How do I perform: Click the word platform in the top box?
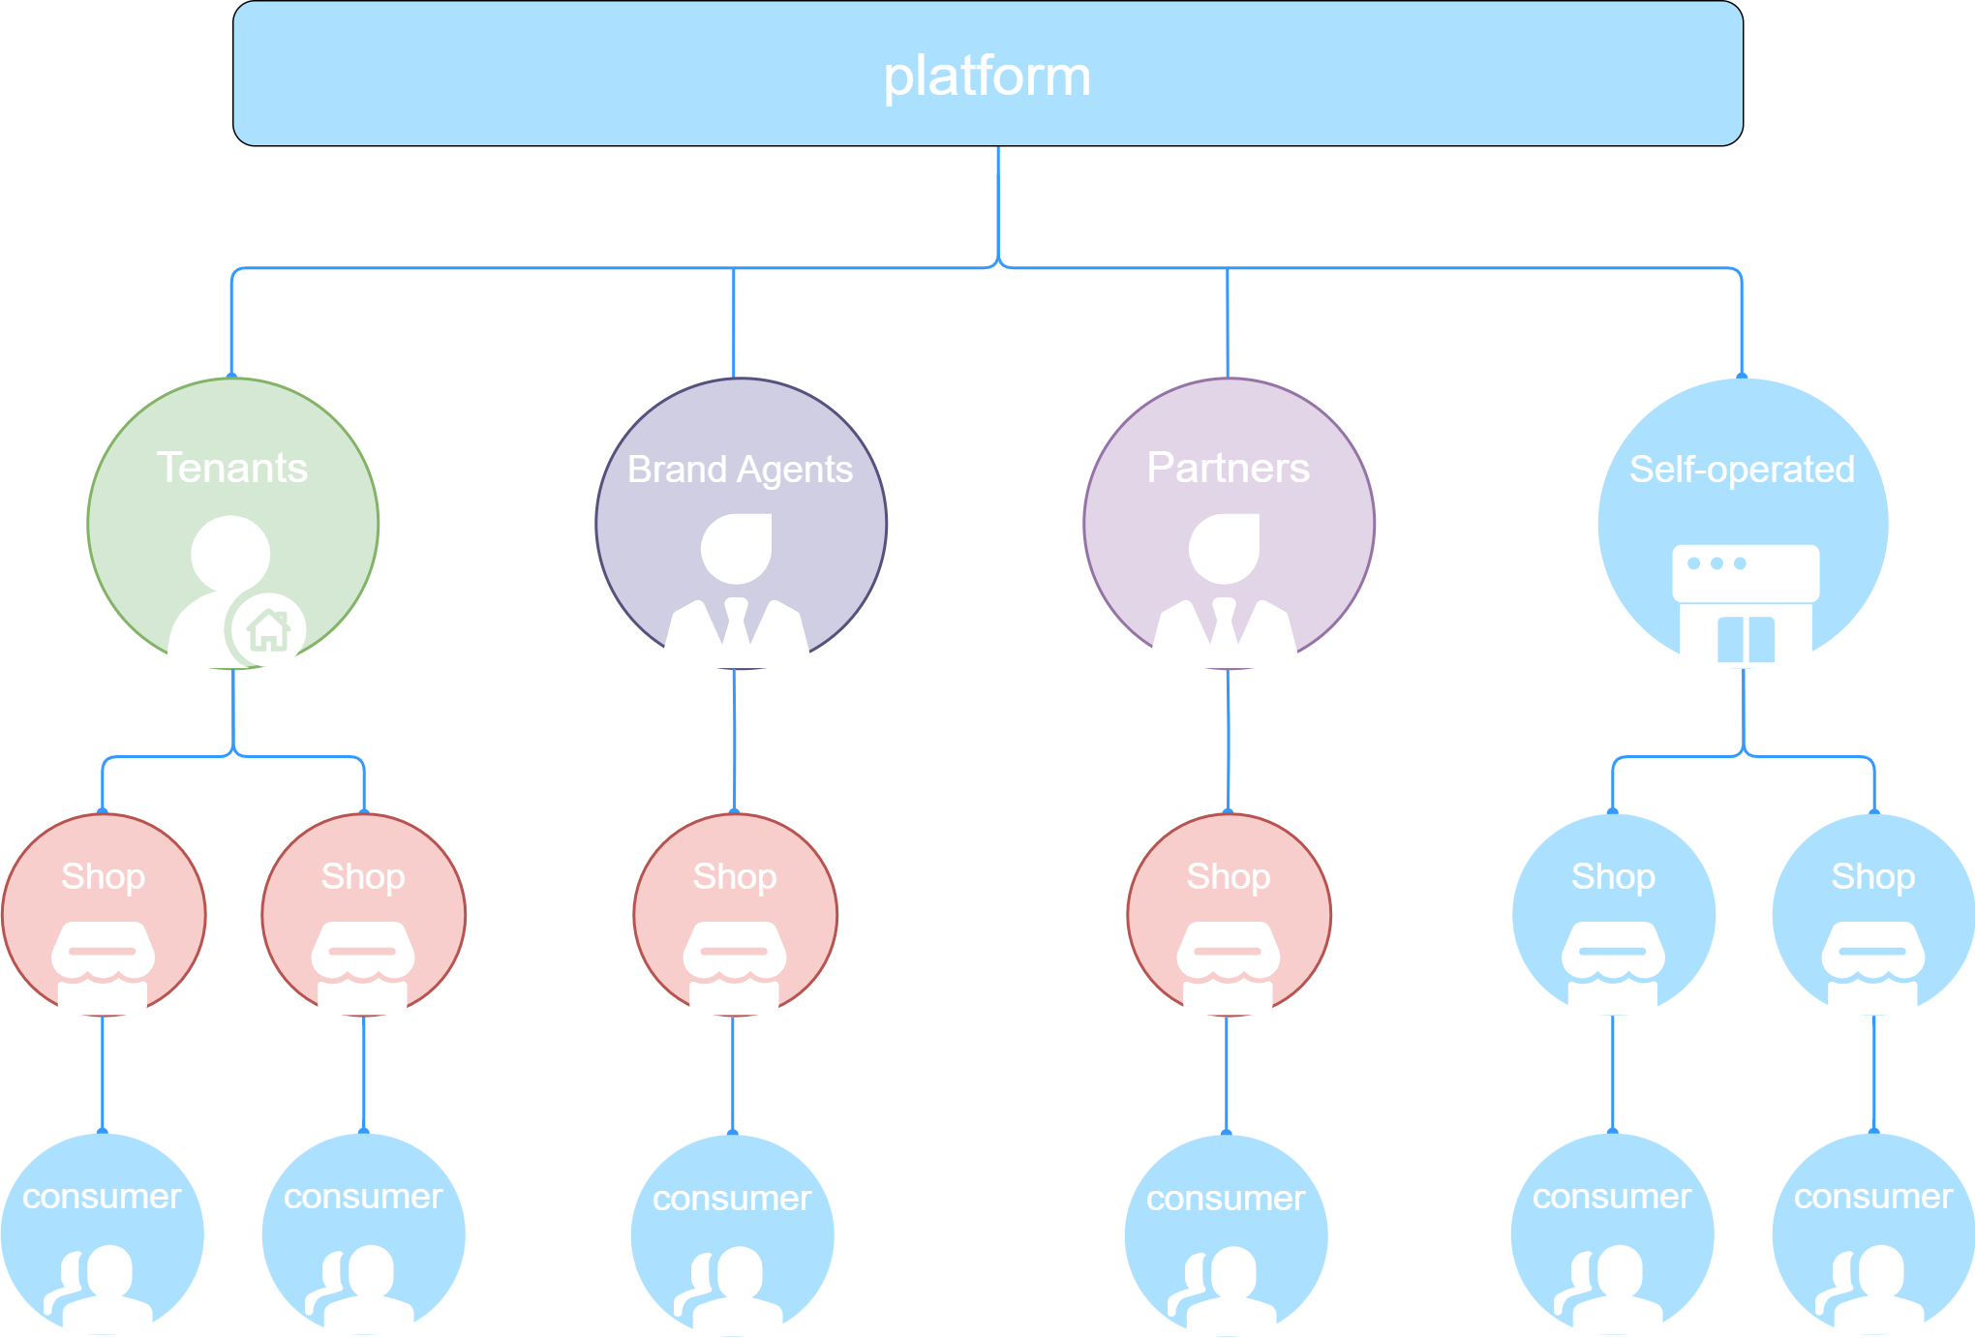(x=987, y=77)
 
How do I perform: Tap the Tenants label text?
(x=232, y=468)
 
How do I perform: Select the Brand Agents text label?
(x=740, y=470)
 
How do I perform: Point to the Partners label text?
(x=1228, y=468)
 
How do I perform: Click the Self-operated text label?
(x=1742, y=470)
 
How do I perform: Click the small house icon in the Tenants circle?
(x=268, y=630)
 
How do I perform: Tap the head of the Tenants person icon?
(x=230, y=553)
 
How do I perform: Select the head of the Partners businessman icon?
(x=1225, y=549)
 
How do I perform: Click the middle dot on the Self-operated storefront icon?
(x=1717, y=563)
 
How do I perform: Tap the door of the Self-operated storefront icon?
(x=1746, y=640)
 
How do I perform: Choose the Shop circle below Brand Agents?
(x=736, y=915)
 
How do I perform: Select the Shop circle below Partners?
(x=1229, y=915)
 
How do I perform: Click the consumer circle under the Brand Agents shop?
(x=733, y=1235)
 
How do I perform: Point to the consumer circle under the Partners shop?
(x=1227, y=1235)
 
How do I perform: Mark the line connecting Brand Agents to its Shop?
(x=734, y=741)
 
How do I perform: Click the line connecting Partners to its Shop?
(x=1229, y=741)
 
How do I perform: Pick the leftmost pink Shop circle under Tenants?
(x=104, y=915)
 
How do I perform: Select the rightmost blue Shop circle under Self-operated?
(x=1873, y=915)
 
